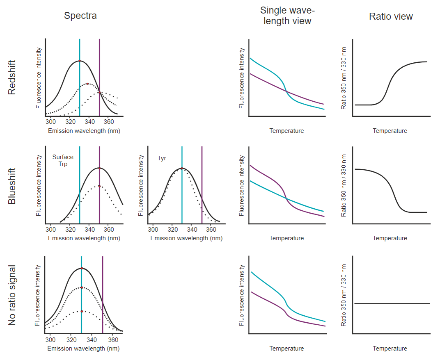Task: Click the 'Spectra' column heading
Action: [80, 16]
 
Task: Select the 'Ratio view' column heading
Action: [391, 16]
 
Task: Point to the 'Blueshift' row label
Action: [12, 186]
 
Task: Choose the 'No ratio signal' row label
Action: [12, 296]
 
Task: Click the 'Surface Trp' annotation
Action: [63, 160]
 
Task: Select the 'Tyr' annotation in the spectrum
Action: [162, 158]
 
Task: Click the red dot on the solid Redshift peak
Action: [80, 61]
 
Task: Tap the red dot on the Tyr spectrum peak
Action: [182, 168]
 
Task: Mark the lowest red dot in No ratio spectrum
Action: [82, 311]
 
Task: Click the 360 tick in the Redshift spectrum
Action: [108, 122]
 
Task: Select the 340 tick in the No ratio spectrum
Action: [92, 340]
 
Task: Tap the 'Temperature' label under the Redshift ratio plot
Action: [390, 131]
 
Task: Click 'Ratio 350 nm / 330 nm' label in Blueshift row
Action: [344, 186]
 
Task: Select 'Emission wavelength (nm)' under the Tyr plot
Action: [186, 238]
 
